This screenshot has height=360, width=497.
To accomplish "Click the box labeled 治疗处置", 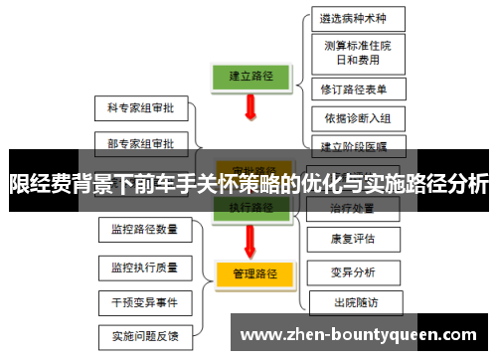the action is pos(353,209).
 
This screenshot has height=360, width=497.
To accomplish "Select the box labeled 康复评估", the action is pos(353,240).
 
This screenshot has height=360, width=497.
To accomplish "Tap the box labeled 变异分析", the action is pos(353,271).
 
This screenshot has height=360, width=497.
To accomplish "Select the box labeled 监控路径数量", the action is pos(145,230).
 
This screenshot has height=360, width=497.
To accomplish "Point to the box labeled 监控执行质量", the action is pos(145,267).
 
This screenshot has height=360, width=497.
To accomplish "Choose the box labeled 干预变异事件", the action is pos(145,301).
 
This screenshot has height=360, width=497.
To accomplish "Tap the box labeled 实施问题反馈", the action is pos(145,336).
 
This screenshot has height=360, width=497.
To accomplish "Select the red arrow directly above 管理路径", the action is pos(252,240).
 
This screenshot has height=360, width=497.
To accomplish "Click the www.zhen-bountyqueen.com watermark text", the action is pos(359,333).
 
